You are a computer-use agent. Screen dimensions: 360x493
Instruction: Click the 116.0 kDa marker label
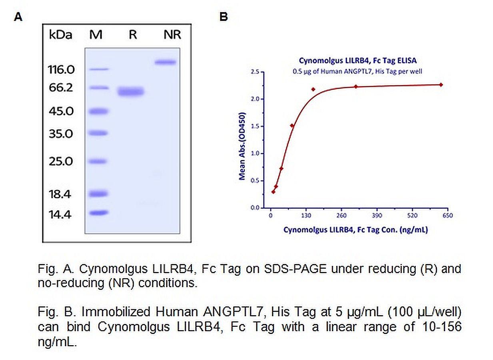coord(62,70)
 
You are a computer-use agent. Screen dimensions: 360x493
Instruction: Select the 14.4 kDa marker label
coord(60,215)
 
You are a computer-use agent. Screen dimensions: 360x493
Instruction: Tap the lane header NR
coord(172,35)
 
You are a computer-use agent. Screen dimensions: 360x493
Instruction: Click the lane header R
coord(133,35)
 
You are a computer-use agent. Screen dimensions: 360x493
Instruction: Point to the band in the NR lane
coord(166,62)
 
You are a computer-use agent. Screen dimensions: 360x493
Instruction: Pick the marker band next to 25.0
coord(98,161)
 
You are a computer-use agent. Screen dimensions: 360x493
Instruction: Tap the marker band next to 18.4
coord(98,194)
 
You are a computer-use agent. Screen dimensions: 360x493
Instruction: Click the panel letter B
coord(224,17)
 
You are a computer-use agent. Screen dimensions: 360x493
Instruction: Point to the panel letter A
coord(18,17)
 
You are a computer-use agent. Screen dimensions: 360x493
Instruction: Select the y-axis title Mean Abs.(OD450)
coord(242,146)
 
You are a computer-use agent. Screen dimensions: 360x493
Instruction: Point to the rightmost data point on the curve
coord(441,84)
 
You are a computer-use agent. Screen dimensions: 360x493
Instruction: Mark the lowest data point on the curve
coord(273,192)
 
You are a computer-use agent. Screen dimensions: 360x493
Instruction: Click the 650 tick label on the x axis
coord(447,215)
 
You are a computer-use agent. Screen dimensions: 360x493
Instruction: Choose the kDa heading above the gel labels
coord(61,35)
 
